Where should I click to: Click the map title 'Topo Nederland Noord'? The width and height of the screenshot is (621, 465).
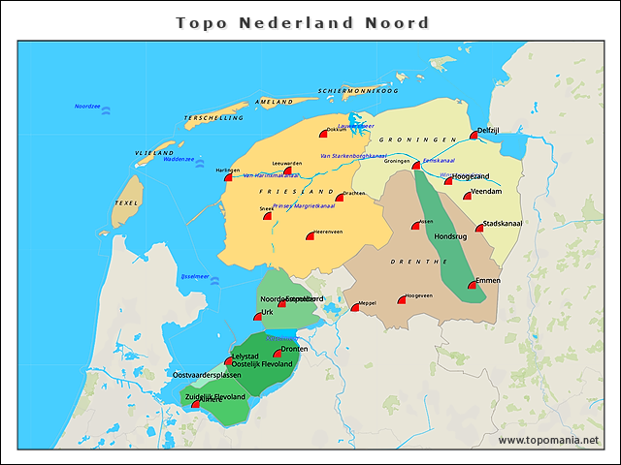point(302,21)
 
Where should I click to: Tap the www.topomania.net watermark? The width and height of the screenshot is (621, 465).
point(548,441)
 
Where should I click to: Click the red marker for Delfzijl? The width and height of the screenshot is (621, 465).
point(474,136)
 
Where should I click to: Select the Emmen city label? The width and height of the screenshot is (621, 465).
point(488,281)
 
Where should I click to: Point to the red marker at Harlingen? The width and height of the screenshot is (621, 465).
point(229,177)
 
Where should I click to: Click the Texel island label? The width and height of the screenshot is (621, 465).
point(126,202)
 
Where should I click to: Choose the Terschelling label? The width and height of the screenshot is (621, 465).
point(214,118)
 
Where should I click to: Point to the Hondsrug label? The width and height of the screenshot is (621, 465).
point(450,235)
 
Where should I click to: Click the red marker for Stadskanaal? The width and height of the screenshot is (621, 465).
point(479,229)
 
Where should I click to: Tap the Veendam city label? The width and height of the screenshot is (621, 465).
point(487,192)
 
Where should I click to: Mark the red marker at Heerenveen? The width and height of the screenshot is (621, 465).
point(310,235)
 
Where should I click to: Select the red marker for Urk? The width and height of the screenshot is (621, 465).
point(258,317)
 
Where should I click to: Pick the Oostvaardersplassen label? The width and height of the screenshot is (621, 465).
point(207,374)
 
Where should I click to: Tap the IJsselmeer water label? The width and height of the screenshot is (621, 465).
point(195,276)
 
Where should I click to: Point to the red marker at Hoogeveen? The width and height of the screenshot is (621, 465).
point(402,300)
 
